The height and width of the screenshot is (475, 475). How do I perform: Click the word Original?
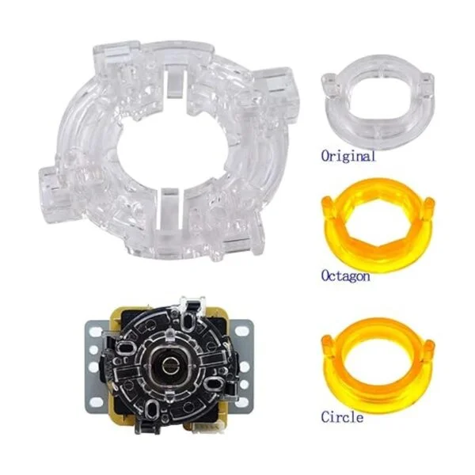[348, 156]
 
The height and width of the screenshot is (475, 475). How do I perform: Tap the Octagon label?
[345, 275]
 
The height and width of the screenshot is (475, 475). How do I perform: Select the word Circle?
[342, 417]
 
